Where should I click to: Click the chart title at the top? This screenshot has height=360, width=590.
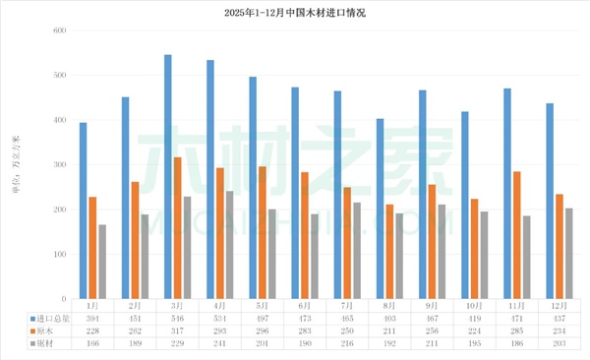click(x=295, y=12)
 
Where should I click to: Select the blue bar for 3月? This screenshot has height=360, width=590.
click(x=168, y=177)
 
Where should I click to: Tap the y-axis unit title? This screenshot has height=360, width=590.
click(x=16, y=164)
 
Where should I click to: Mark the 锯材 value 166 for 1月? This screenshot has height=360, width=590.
click(x=91, y=343)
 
